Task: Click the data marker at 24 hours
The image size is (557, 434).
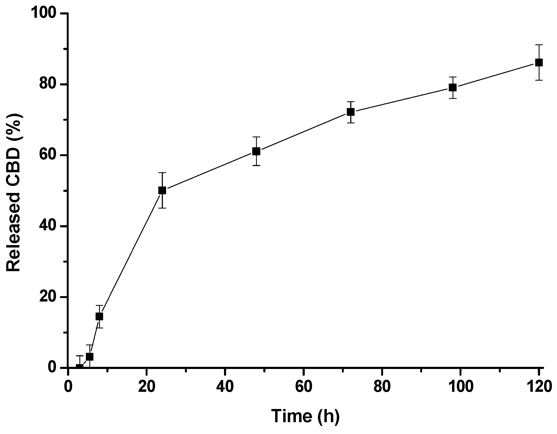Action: (162, 191)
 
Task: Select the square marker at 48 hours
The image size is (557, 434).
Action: (256, 151)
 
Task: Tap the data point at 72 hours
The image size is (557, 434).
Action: (351, 112)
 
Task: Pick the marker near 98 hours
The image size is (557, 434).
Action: (453, 87)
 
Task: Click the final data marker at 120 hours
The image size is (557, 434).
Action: (539, 63)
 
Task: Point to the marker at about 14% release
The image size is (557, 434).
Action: (99, 317)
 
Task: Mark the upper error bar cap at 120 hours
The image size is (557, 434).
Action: (539, 45)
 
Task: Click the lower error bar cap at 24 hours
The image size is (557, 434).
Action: (162, 208)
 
